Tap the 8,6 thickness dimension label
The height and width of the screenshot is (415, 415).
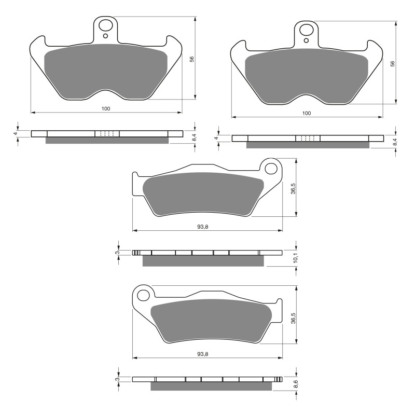tap(295, 384)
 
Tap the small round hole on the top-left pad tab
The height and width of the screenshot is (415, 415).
tap(106, 36)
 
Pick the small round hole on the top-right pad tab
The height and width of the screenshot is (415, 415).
tap(307, 40)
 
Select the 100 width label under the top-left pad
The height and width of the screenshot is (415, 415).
tap(106, 108)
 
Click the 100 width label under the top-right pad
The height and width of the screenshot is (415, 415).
tap(307, 113)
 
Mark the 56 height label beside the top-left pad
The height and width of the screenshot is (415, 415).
tap(191, 59)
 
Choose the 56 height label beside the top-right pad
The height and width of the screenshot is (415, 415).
tap(393, 63)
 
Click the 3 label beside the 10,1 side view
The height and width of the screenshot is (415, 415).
tap(118, 253)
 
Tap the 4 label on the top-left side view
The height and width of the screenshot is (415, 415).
tap(16, 133)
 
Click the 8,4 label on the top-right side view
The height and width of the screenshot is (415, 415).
tap(395, 141)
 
